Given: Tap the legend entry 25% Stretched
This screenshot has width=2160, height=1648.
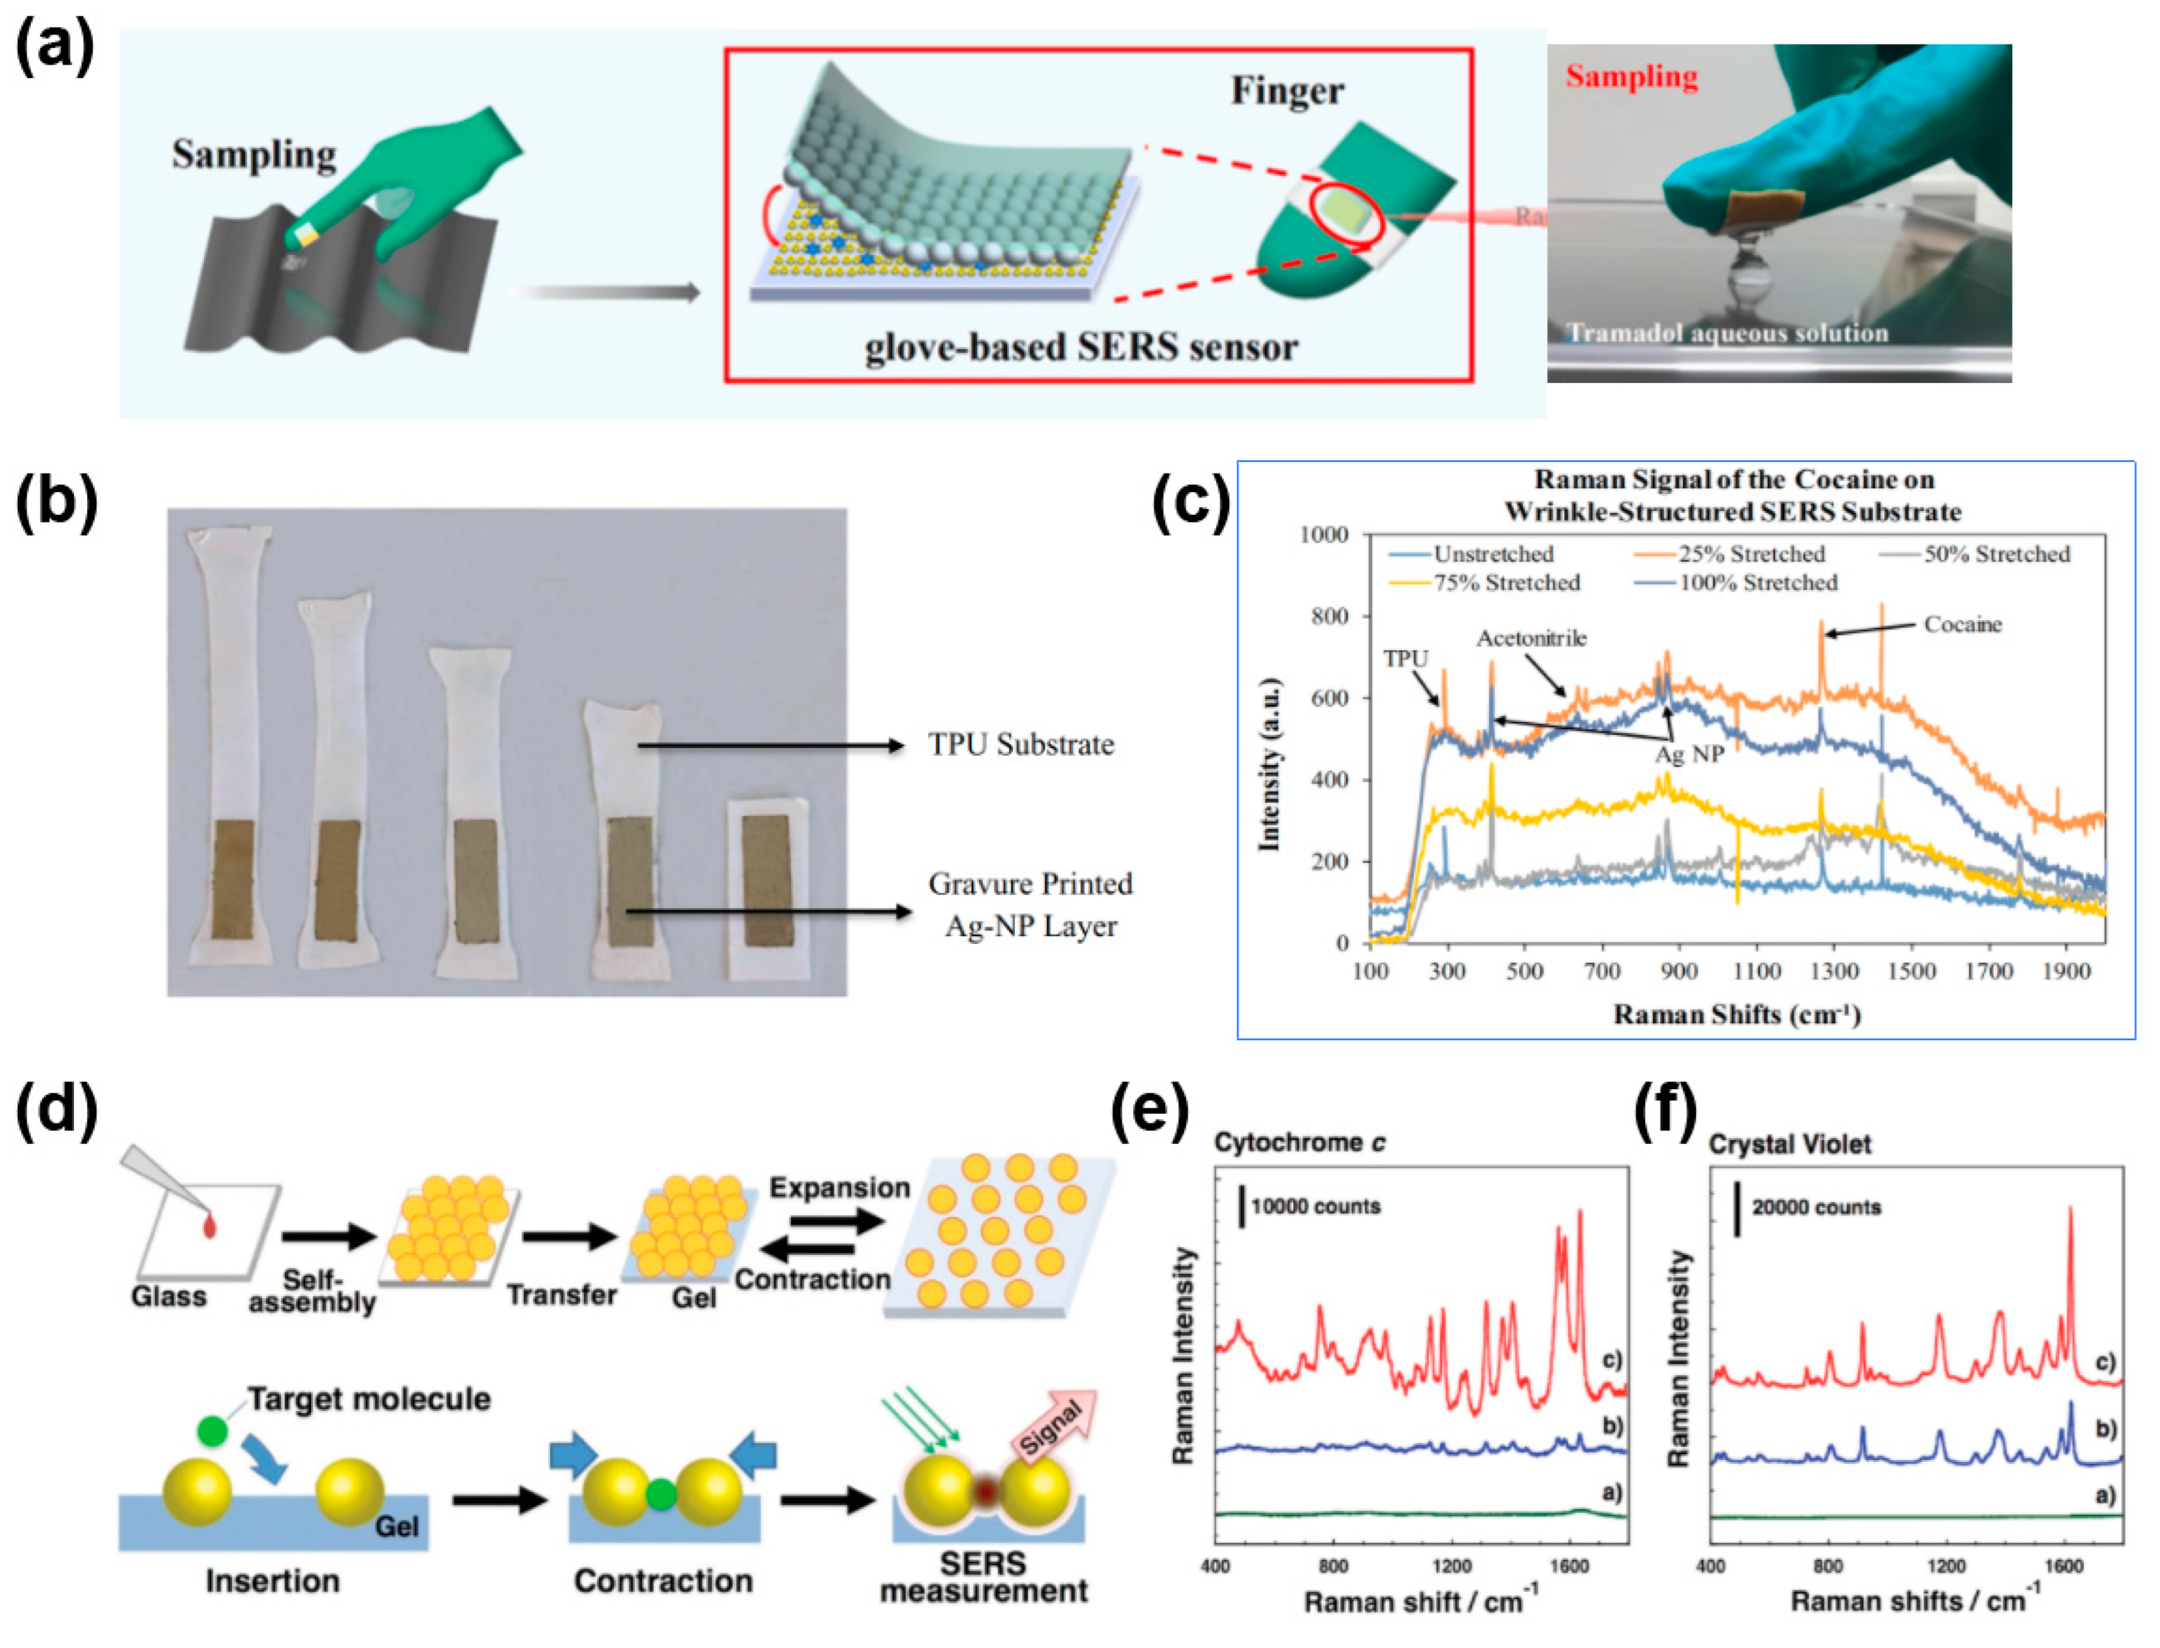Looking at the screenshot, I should (x=1751, y=554).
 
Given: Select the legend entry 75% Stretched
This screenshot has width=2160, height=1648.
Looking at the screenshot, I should (x=1505, y=582).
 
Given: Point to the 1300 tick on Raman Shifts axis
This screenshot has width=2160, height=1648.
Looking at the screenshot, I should (x=1833, y=971).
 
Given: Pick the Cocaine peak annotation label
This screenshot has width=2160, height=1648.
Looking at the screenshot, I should (x=1962, y=624).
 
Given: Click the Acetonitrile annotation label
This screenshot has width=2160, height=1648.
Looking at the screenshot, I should (x=1531, y=639).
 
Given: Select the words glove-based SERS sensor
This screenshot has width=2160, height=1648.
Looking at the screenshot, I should (x=1080, y=347).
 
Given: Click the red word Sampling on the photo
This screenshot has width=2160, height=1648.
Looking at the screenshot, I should (x=1630, y=76).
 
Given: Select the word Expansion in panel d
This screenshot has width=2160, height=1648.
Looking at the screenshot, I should (x=839, y=1187).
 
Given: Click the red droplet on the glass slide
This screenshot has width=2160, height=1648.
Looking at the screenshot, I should (x=210, y=1225).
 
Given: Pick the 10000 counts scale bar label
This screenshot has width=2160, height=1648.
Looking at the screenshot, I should (x=1314, y=1206).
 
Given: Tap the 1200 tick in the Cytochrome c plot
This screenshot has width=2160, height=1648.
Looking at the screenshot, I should (x=1451, y=1566).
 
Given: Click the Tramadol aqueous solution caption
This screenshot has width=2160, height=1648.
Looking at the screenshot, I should (x=1727, y=333).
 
